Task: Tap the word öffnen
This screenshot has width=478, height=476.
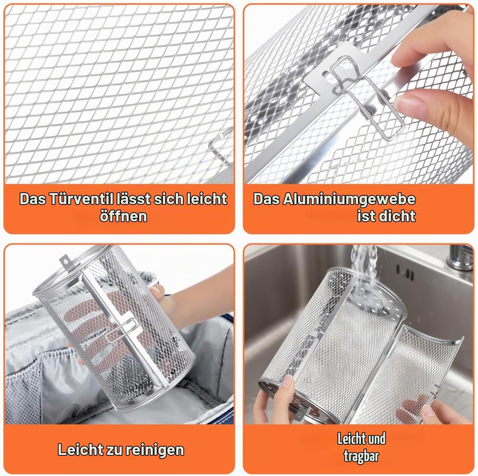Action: pos(123,216)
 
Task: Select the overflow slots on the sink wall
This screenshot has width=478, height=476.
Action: pos(405,273)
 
